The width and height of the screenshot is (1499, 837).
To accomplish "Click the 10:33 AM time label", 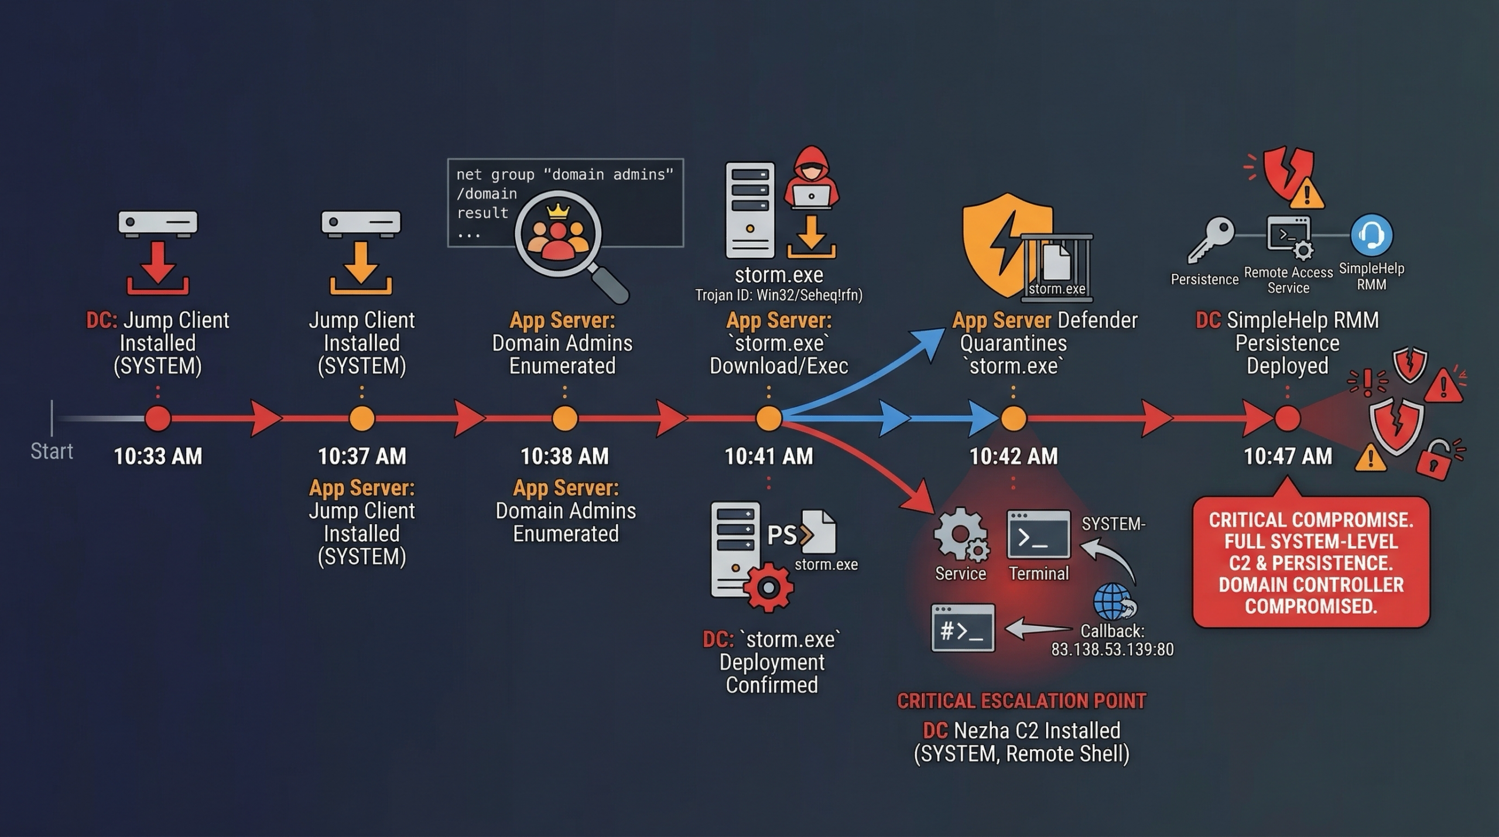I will [x=158, y=456].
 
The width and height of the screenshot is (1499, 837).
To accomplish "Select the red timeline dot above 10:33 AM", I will [x=158, y=418].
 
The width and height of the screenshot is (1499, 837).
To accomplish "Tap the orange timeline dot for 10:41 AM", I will [x=768, y=418].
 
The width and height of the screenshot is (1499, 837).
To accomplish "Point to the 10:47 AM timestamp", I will [x=1287, y=456].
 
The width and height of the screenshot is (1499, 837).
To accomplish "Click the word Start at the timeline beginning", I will [x=52, y=451].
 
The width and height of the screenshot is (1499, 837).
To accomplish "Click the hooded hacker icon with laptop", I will [x=811, y=179].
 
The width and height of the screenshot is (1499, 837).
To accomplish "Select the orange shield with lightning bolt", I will [x=1002, y=243].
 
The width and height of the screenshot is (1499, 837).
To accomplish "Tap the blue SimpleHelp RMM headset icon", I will [x=1371, y=235].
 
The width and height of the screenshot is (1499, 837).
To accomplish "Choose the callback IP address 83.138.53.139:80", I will [x=1112, y=650].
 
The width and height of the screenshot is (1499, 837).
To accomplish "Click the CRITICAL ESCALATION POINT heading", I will [x=1021, y=701].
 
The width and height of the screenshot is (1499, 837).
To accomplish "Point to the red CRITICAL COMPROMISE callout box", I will [x=1310, y=562].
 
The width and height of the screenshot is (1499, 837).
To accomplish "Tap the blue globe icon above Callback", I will [x=1113, y=602].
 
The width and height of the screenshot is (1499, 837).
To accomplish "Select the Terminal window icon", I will [x=1038, y=534].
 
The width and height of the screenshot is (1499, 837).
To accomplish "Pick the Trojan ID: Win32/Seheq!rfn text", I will [x=778, y=295].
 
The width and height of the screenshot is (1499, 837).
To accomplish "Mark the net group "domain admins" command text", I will [x=564, y=175].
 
